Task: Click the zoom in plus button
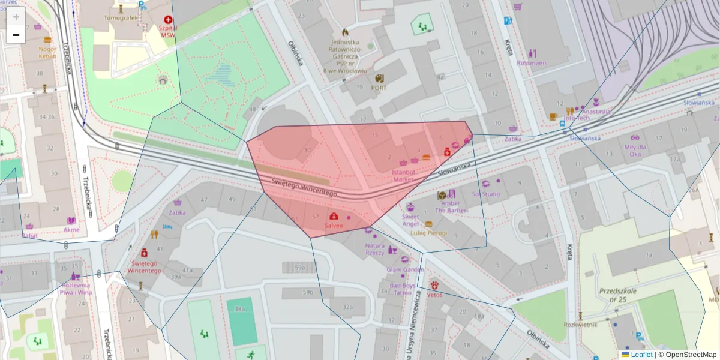pos(16,17)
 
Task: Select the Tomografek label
pos(121,18)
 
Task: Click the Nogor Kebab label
pos(48,52)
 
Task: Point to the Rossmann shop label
pos(532,62)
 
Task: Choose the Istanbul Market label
pos(403,175)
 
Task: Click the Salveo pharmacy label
pos(334,226)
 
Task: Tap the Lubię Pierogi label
pos(428,233)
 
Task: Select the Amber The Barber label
pos(451,207)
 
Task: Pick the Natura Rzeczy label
pos(375,249)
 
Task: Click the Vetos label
pos(435,295)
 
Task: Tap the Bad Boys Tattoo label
pos(402,289)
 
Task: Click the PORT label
pos(379,88)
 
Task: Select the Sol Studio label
pos(486,194)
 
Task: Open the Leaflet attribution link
pos(641,355)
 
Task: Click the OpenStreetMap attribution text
pos(690,355)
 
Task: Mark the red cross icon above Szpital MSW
pos(167,19)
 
